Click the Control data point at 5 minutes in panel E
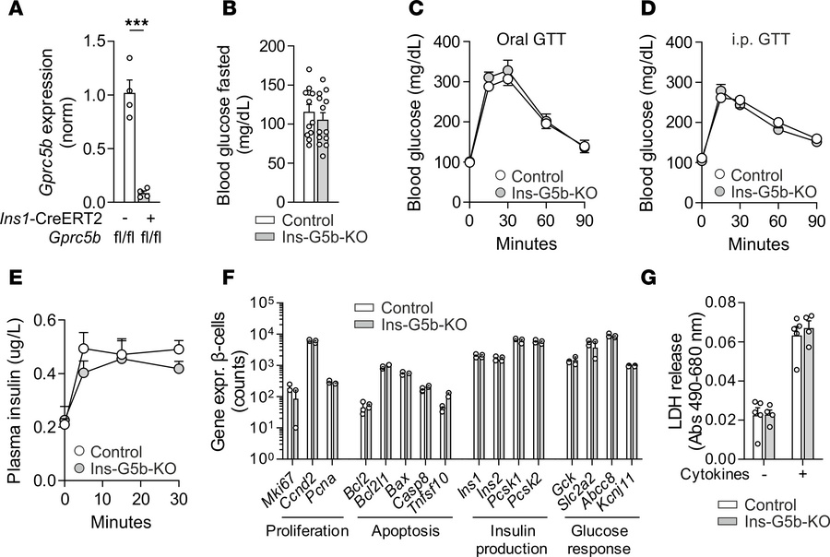pyautogui.click(x=84, y=349)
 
